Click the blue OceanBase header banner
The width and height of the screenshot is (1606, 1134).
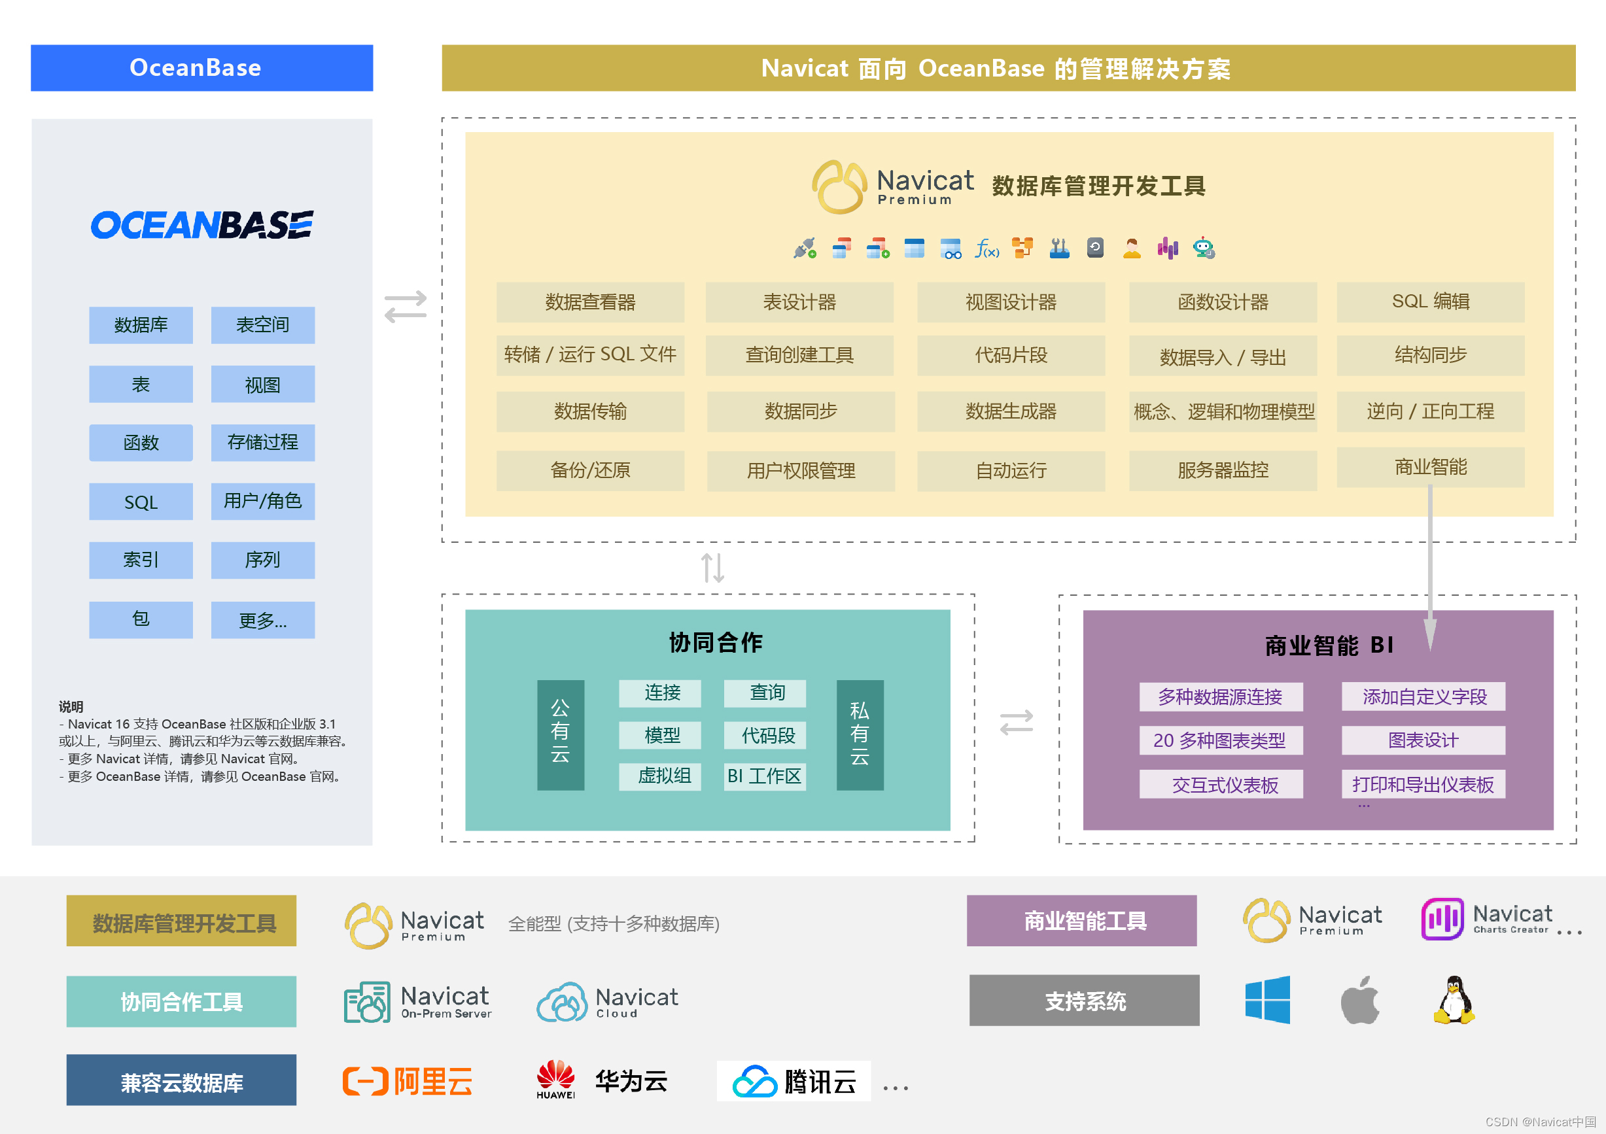(201, 68)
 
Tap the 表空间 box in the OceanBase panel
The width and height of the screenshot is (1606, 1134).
(262, 325)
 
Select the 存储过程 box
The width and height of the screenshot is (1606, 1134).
(262, 443)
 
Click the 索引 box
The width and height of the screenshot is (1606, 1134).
(141, 560)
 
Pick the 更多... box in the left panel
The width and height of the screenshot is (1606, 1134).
(262, 620)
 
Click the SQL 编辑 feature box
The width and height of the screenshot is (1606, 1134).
(1430, 302)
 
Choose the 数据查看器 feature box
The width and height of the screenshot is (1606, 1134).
(589, 302)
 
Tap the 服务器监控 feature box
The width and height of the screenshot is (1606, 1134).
(1222, 470)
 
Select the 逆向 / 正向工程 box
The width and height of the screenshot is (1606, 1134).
(1430, 411)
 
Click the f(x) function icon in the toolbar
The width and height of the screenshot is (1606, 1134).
(986, 249)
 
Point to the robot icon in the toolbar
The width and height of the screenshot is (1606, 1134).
(1203, 249)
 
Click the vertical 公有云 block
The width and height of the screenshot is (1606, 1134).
(560, 735)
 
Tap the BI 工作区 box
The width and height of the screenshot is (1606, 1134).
(764, 776)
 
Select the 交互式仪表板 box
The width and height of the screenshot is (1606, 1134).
(1221, 784)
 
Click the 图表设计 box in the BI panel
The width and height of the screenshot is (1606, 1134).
(1423, 740)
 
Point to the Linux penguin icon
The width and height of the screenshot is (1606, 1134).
(1454, 1001)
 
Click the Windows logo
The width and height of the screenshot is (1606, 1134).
(1266, 1001)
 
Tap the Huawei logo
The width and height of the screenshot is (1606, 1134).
(555, 1079)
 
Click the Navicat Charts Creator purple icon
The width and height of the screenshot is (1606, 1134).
(1442, 919)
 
